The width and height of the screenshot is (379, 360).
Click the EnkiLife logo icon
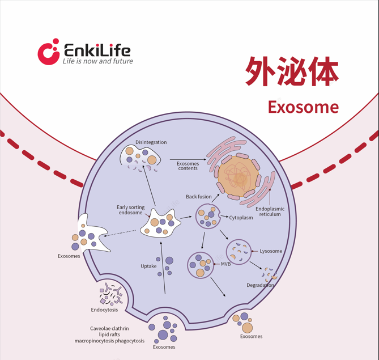point(48,52)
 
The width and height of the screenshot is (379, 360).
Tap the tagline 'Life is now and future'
point(97,61)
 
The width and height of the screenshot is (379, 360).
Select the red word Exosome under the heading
point(303,107)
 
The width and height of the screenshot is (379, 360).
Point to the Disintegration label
point(151,142)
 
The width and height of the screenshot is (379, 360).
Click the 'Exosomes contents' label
point(188,166)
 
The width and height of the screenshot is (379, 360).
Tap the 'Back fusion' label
point(199,197)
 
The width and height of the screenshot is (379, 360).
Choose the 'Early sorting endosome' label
point(131,210)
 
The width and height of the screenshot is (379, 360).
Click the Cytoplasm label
point(241,218)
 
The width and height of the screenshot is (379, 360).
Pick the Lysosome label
point(271,251)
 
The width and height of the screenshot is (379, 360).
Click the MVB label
point(226,264)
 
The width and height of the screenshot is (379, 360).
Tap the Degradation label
point(261,285)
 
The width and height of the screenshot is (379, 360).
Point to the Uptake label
point(148,266)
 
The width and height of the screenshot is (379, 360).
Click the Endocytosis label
point(105,310)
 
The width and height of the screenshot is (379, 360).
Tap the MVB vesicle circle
point(201,265)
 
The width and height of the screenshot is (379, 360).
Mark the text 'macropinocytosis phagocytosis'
point(109,341)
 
